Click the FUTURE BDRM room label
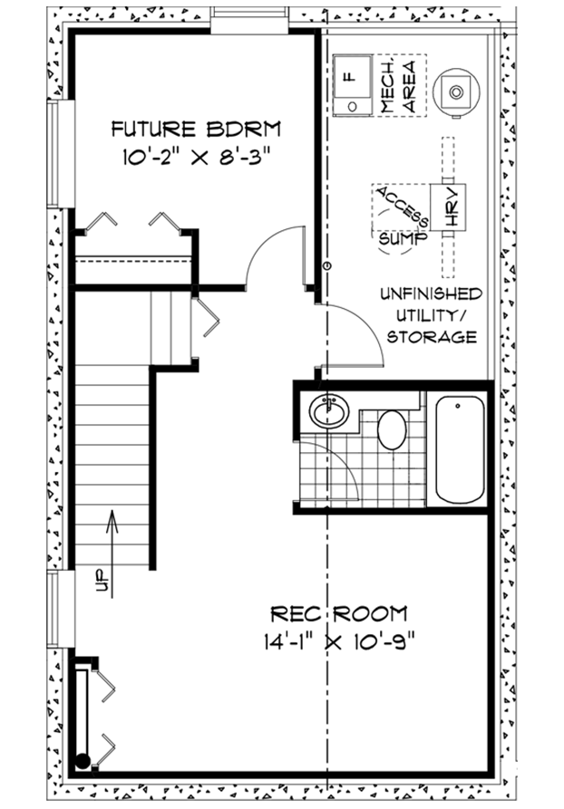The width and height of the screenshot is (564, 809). [x=196, y=129]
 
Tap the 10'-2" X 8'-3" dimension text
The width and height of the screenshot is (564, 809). [x=196, y=157]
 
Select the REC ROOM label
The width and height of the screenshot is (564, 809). [x=339, y=614]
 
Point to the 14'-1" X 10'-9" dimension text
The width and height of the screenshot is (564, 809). [x=339, y=641]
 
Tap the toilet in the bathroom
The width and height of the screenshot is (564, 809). [x=392, y=429]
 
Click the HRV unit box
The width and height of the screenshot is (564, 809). [x=448, y=207]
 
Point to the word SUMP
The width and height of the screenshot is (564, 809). [x=404, y=238]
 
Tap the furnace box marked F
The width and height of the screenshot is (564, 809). [x=352, y=85]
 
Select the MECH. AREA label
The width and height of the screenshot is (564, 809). [x=398, y=86]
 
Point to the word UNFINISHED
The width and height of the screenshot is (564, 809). [x=432, y=294]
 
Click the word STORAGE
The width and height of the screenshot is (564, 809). [x=432, y=337]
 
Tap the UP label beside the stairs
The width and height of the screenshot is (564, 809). [x=102, y=580]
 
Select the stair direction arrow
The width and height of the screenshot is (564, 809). [x=112, y=554]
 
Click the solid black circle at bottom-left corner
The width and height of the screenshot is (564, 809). [x=83, y=760]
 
